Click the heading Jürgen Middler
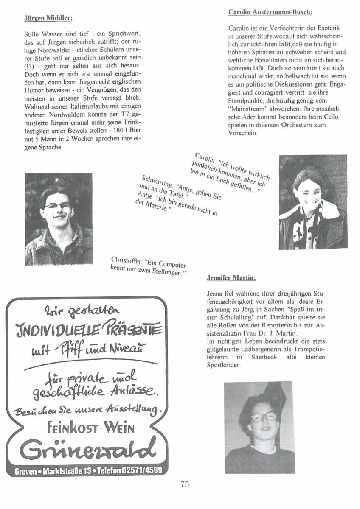pos(48,18)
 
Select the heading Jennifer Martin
pos(231,278)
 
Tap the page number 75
pos(184,484)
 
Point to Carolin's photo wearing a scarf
pos(313,202)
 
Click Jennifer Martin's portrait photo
pos(259,427)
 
